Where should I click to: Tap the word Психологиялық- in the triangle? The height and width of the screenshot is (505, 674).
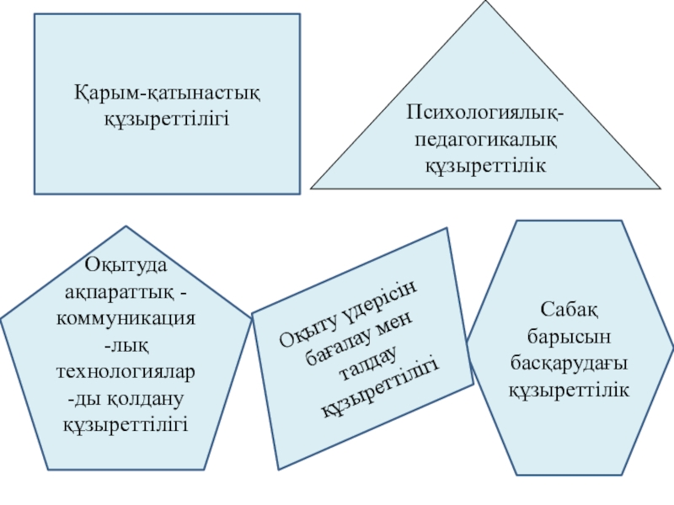tap(485, 111)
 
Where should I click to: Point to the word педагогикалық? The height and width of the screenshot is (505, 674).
tap(485, 137)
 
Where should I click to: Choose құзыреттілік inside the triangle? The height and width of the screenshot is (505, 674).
tap(485, 163)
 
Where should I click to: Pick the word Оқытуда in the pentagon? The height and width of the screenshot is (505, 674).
tap(126, 266)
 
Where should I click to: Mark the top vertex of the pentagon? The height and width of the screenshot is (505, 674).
tap(126, 226)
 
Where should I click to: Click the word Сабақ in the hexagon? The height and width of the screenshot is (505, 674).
tap(569, 312)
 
